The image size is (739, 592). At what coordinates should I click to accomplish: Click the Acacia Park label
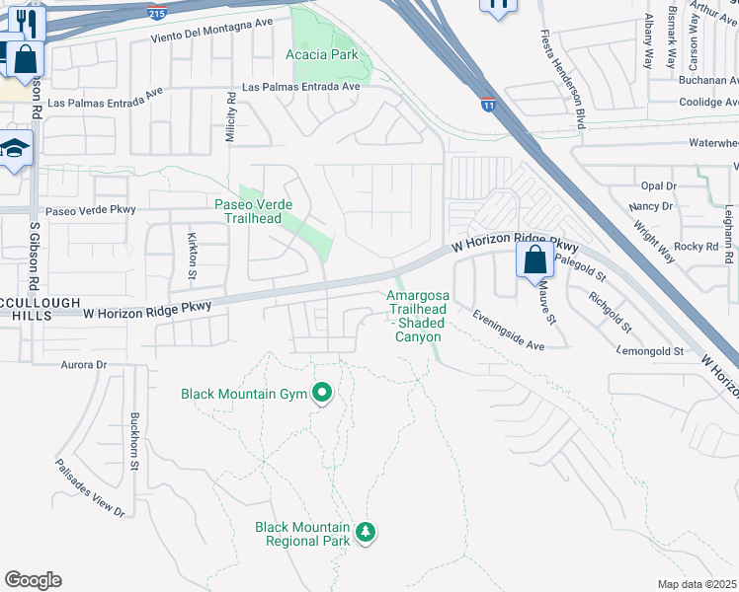tap(322, 55)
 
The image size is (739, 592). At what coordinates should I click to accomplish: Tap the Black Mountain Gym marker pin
tap(321, 395)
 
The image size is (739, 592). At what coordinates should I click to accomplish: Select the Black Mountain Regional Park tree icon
tap(367, 533)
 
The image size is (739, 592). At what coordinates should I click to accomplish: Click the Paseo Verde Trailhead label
tap(255, 211)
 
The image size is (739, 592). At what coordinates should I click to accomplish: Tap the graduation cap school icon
tap(17, 149)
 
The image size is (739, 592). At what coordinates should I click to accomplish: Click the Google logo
tap(33, 580)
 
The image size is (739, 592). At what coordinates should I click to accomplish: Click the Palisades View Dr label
tap(90, 488)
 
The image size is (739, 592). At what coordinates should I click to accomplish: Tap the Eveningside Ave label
tap(508, 331)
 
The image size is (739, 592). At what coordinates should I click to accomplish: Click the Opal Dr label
tap(658, 185)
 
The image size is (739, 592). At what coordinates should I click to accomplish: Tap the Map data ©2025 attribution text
tap(698, 584)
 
